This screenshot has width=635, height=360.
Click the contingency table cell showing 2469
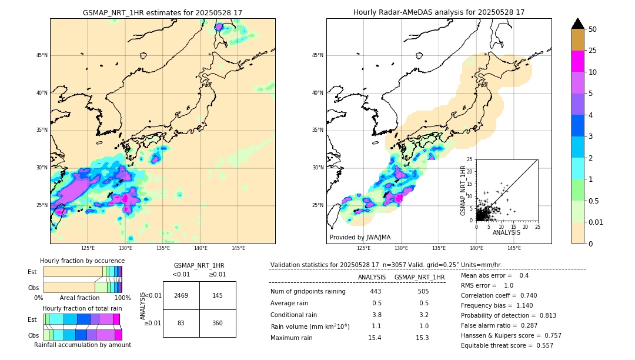[181, 295]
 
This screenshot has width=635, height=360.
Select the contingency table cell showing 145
[218, 295]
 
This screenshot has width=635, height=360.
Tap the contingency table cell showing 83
[181, 323]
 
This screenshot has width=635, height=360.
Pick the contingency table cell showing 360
[218, 323]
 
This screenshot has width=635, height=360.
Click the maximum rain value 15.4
[375, 338]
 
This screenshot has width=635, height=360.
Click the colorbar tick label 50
[593, 29]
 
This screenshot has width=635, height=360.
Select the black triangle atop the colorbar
[578, 24]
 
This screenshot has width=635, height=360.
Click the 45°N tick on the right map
[317, 56]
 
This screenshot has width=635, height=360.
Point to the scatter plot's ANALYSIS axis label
[506, 232]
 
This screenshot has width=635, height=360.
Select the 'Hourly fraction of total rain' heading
[82, 309]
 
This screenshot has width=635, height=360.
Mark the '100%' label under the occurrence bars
[122, 298]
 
